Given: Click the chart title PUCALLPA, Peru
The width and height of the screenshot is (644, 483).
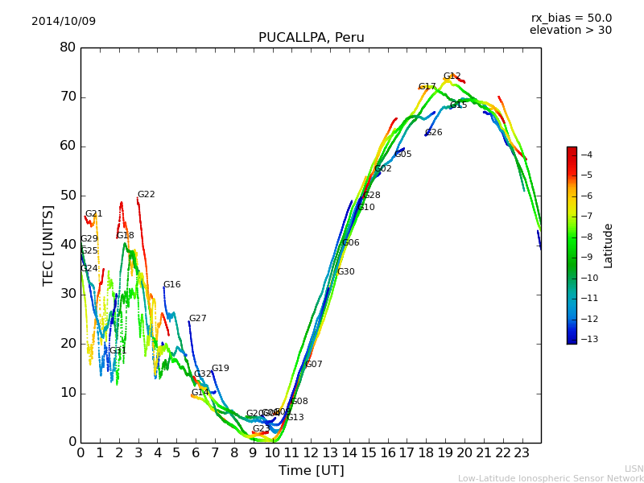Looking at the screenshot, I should (x=311, y=38).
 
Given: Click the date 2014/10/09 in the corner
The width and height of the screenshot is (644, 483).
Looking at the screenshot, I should (x=64, y=21).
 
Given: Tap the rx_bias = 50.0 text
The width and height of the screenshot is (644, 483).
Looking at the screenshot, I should (x=571, y=18).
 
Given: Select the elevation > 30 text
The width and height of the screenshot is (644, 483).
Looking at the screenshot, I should (x=570, y=31).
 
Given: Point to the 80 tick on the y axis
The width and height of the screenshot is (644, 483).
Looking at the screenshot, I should (x=68, y=47).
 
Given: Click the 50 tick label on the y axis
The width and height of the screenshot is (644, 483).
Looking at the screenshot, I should (x=68, y=196).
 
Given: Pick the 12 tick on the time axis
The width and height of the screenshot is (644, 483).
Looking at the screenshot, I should (x=311, y=453).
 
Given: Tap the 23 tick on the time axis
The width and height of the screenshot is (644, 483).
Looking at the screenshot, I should (x=522, y=453).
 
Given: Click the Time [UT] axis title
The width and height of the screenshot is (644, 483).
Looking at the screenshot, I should (x=311, y=471).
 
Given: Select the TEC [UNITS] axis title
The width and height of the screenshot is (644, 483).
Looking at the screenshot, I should (x=48, y=245).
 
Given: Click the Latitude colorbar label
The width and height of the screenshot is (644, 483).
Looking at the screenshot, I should (x=609, y=246).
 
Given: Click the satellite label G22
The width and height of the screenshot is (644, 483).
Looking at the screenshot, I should (x=146, y=195).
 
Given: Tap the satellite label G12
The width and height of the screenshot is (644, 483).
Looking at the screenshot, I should (x=452, y=76).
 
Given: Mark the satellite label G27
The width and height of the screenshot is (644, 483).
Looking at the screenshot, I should (x=197, y=319).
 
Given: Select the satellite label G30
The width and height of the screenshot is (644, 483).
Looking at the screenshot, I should (x=345, y=272).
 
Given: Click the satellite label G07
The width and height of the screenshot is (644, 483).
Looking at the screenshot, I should (x=313, y=365).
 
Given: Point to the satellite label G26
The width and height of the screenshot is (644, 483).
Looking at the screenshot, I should (x=433, y=133).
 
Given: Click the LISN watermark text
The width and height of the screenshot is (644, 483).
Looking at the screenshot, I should (x=634, y=469).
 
